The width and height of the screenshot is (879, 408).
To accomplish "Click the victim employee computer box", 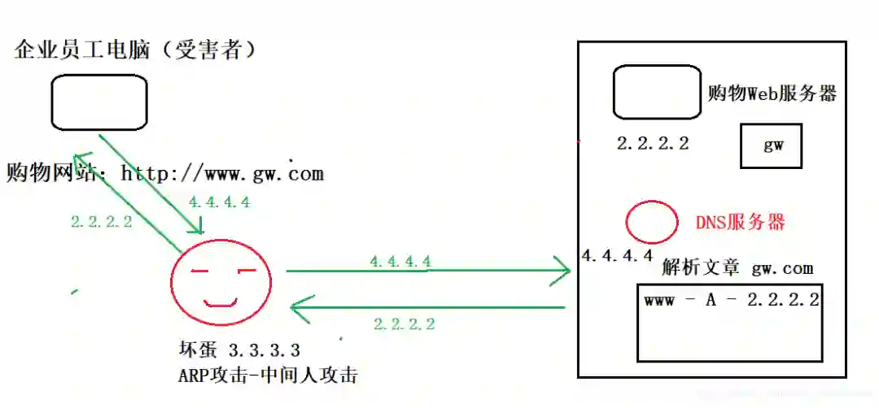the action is tap(99, 102).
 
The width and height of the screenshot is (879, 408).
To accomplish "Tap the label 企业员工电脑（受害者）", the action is tap(136, 50).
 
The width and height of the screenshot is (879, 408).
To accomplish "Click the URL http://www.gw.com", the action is tap(221, 173).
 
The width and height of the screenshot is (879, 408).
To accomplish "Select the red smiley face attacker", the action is tap(220, 280).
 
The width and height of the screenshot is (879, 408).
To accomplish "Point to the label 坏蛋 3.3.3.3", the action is tap(239, 350).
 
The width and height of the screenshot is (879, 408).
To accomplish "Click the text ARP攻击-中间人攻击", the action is tap(268, 375).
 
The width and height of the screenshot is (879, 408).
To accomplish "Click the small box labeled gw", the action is tap(771, 146).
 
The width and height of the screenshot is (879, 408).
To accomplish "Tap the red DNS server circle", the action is tap(652, 222).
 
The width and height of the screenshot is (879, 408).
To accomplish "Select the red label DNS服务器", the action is tap(741, 222).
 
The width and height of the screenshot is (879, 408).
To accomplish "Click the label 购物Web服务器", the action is tap(772, 93).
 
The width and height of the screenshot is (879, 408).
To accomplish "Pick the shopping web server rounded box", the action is tap(657, 93).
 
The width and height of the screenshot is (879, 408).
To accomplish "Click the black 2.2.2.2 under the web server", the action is tap(653, 144).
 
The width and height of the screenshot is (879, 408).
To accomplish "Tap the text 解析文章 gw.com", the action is tap(737, 268).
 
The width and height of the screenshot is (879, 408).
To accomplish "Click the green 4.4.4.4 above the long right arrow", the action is tap(400, 262).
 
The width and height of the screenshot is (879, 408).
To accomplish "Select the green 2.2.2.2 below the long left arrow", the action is tap(404, 323).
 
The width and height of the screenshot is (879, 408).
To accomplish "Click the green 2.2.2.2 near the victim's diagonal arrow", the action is tap(101, 221).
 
